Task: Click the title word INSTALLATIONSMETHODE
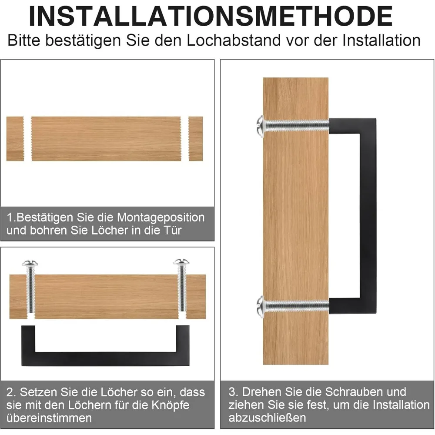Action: pos(211,16)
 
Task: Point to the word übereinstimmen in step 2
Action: pos(50,418)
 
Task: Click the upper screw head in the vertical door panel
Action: pos(260,126)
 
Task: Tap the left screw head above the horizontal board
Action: pos(30,263)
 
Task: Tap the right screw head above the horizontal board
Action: pos(181,262)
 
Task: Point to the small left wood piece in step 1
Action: pos(15,139)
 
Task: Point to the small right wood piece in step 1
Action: pos(195,139)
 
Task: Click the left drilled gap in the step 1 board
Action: pos(28,139)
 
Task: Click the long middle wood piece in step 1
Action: pos(106,139)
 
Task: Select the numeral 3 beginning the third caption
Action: pos(232,392)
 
